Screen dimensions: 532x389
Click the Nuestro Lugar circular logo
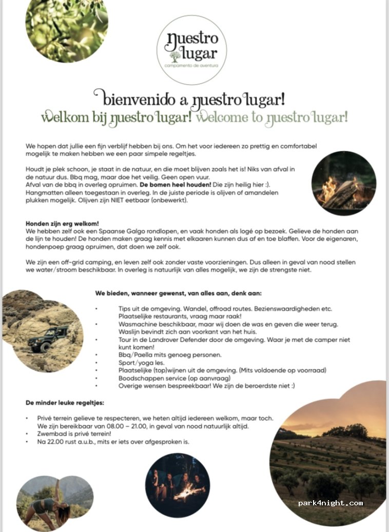click(x=193, y=49)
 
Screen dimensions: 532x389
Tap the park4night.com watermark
click(x=330, y=503)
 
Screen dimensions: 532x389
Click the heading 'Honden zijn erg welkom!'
click(x=62, y=224)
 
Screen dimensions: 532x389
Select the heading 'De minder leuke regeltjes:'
click(x=66, y=403)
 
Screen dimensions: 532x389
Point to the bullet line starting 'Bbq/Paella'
click(x=163, y=354)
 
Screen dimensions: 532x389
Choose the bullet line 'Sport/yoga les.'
click(x=140, y=362)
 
